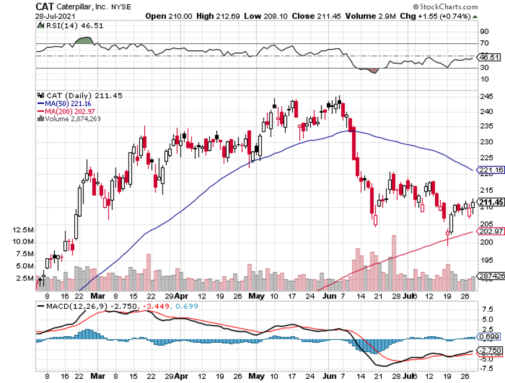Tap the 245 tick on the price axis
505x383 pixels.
484,96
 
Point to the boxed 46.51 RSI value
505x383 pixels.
488,57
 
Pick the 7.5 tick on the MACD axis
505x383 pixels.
484,309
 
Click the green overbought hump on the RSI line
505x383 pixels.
85,40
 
